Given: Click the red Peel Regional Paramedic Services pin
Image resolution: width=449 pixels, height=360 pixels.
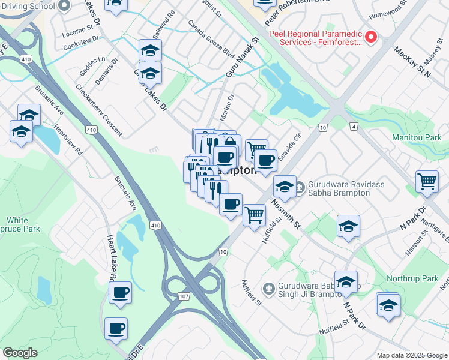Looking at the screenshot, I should click(370, 38).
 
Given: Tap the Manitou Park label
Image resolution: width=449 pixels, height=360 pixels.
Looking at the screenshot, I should click(416, 137).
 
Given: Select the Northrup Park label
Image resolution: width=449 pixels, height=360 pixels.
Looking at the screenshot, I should click(420, 279).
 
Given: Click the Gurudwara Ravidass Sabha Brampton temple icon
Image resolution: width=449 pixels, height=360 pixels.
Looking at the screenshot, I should click(300, 185).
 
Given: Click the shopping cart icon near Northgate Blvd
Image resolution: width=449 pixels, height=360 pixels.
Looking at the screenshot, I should click(427, 181).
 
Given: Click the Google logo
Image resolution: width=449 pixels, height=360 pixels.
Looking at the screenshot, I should click(20, 353).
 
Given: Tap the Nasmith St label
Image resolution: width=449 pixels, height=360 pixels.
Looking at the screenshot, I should click(285, 213).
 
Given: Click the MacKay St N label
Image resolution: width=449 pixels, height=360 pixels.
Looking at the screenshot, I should click(413, 62).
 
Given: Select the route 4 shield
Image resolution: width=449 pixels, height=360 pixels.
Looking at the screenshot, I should click(354, 127).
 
